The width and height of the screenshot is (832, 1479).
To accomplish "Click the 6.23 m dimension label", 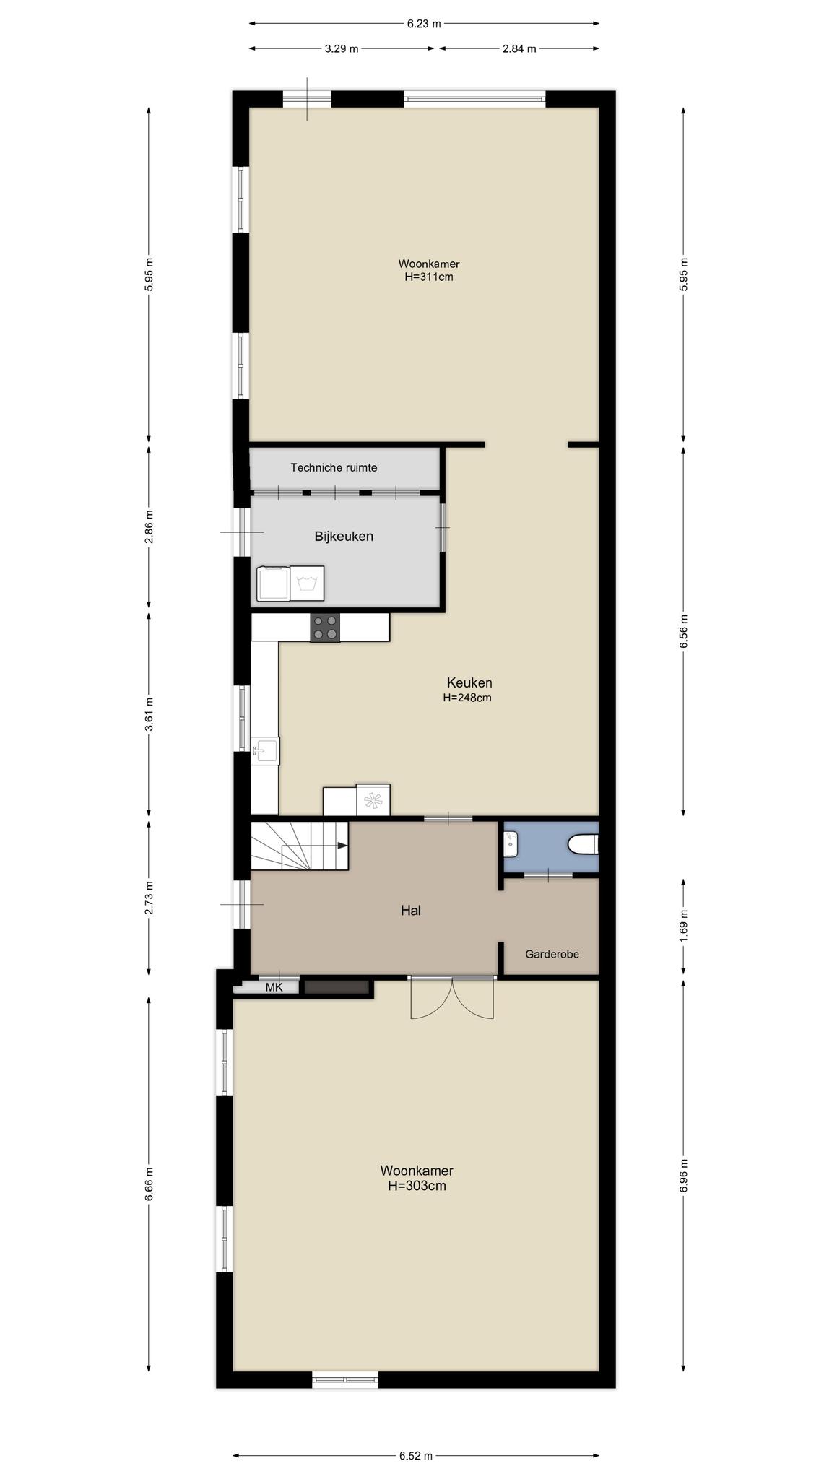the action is click(x=423, y=23).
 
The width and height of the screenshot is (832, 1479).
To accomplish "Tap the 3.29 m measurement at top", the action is click(x=341, y=49).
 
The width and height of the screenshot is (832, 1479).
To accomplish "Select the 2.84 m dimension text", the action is click(x=519, y=49).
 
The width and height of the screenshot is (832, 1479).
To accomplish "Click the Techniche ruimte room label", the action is click(x=334, y=467).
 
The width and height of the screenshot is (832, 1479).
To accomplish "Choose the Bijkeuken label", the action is click(x=344, y=536).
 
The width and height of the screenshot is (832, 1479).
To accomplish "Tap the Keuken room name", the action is click(x=469, y=682).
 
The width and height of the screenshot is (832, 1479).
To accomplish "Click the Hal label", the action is click(x=411, y=911).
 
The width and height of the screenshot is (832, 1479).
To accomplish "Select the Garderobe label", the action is click(x=552, y=954).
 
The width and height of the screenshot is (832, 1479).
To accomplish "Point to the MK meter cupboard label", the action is click(x=274, y=987).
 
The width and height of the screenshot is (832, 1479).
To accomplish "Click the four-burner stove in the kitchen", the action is click(x=325, y=628).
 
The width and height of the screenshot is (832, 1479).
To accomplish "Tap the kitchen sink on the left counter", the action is click(x=266, y=751).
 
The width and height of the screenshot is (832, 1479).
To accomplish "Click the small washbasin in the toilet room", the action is click(x=511, y=840).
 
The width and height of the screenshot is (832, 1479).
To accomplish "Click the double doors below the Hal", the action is click(x=452, y=997).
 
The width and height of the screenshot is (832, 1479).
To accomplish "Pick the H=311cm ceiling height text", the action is click(x=429, y=277).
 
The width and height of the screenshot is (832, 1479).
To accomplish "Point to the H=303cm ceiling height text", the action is click(x=417, y=1186).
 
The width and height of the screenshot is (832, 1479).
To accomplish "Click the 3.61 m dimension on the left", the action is click(x=149, y=714).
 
